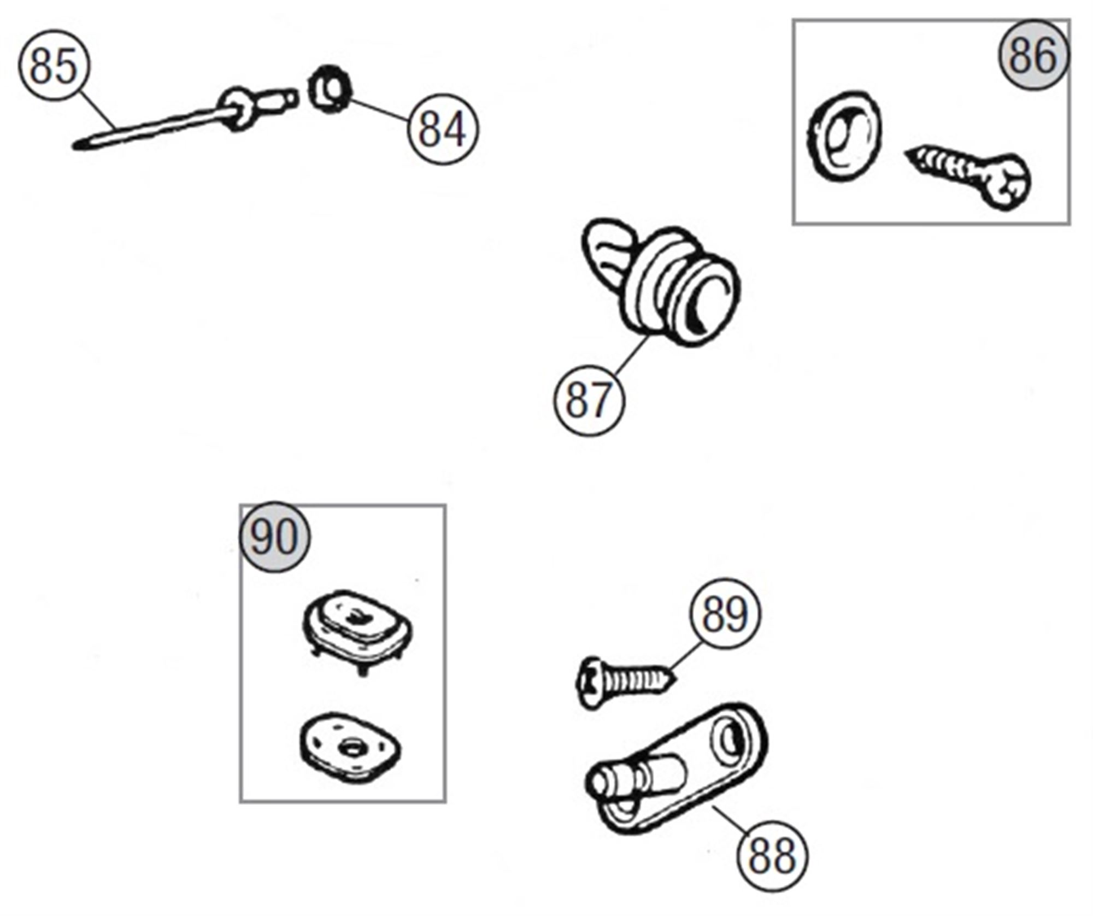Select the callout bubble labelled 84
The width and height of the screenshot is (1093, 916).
click(443, 130)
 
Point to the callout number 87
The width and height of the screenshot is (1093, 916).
click(588, 400)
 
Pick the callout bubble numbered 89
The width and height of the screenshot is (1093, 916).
click(724, 613)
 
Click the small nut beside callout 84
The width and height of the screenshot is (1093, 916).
click(328, 89)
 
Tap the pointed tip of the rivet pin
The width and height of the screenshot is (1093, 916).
click(78, 145)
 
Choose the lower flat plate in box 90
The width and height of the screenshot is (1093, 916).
click(350, 747)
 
